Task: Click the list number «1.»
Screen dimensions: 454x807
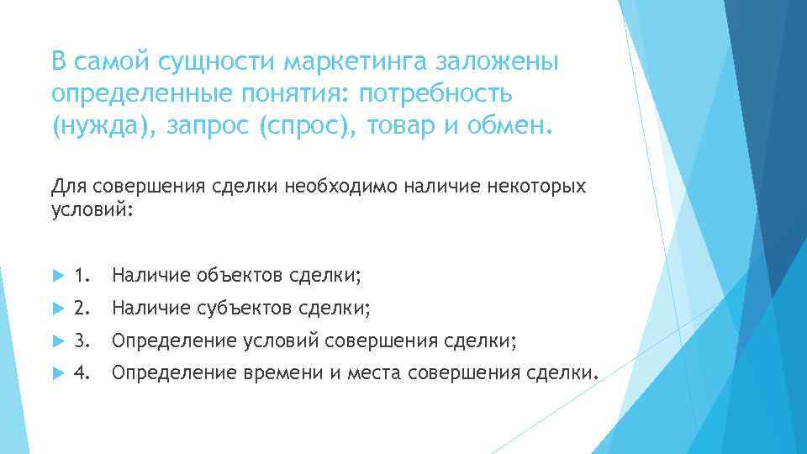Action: pos(82,275)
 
